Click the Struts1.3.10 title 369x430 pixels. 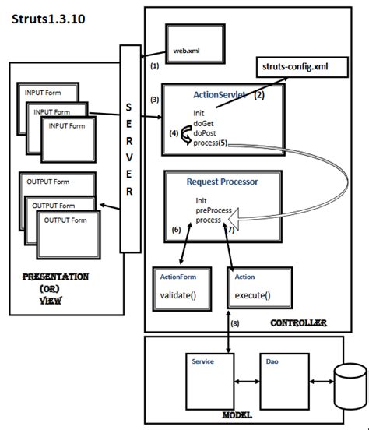48,19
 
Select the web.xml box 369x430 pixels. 195,44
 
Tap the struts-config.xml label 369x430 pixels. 295,67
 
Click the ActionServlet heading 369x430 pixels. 220,95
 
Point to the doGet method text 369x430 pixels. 203,123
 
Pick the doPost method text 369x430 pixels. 205,133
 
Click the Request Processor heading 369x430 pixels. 223,182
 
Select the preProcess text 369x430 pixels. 213,210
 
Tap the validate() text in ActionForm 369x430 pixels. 178,295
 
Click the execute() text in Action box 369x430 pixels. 252,295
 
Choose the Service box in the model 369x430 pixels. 210,382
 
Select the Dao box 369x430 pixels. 285,382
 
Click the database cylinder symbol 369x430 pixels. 350,386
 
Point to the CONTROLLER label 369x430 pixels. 298,323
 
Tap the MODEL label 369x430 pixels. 237,415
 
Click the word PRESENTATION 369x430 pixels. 55,277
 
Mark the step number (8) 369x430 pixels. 235,323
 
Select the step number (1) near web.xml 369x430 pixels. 155,65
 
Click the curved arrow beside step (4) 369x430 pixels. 186,135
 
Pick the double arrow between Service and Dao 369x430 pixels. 248,382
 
